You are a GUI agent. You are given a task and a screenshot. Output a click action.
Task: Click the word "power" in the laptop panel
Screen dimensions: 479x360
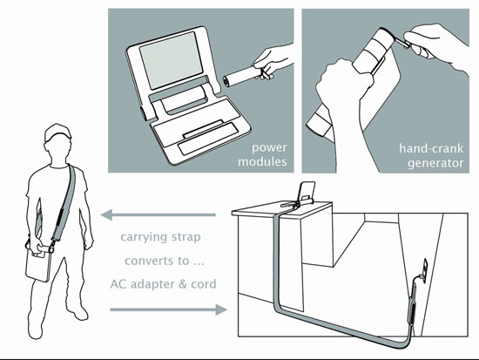point(269,148)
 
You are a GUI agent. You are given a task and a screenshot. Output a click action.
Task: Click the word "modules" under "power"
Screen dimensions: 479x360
point(262,161)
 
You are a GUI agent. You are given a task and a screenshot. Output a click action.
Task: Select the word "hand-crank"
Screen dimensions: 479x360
point(431,149)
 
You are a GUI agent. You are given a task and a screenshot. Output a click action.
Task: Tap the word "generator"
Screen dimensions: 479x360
point(435,163)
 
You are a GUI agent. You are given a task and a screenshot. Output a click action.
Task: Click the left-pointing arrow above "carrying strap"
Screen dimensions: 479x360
point(159,215)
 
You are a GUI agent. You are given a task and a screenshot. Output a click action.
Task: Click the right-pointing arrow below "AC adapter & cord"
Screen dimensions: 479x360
point(168,309)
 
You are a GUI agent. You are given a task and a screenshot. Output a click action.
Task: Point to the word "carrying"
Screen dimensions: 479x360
point(144,237)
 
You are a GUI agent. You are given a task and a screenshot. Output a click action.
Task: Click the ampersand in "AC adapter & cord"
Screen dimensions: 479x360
point(182,284)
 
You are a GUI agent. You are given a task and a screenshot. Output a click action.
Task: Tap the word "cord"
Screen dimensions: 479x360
point(204,284)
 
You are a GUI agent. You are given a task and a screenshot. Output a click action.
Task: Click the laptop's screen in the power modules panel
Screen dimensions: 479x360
point(171,60)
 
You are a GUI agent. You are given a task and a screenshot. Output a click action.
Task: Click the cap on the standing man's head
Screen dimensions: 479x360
point(57,132)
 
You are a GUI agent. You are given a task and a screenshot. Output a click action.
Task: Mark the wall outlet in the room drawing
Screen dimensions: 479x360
point(425,267)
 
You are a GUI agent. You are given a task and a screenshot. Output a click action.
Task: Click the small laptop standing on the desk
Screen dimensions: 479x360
point(307,193)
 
